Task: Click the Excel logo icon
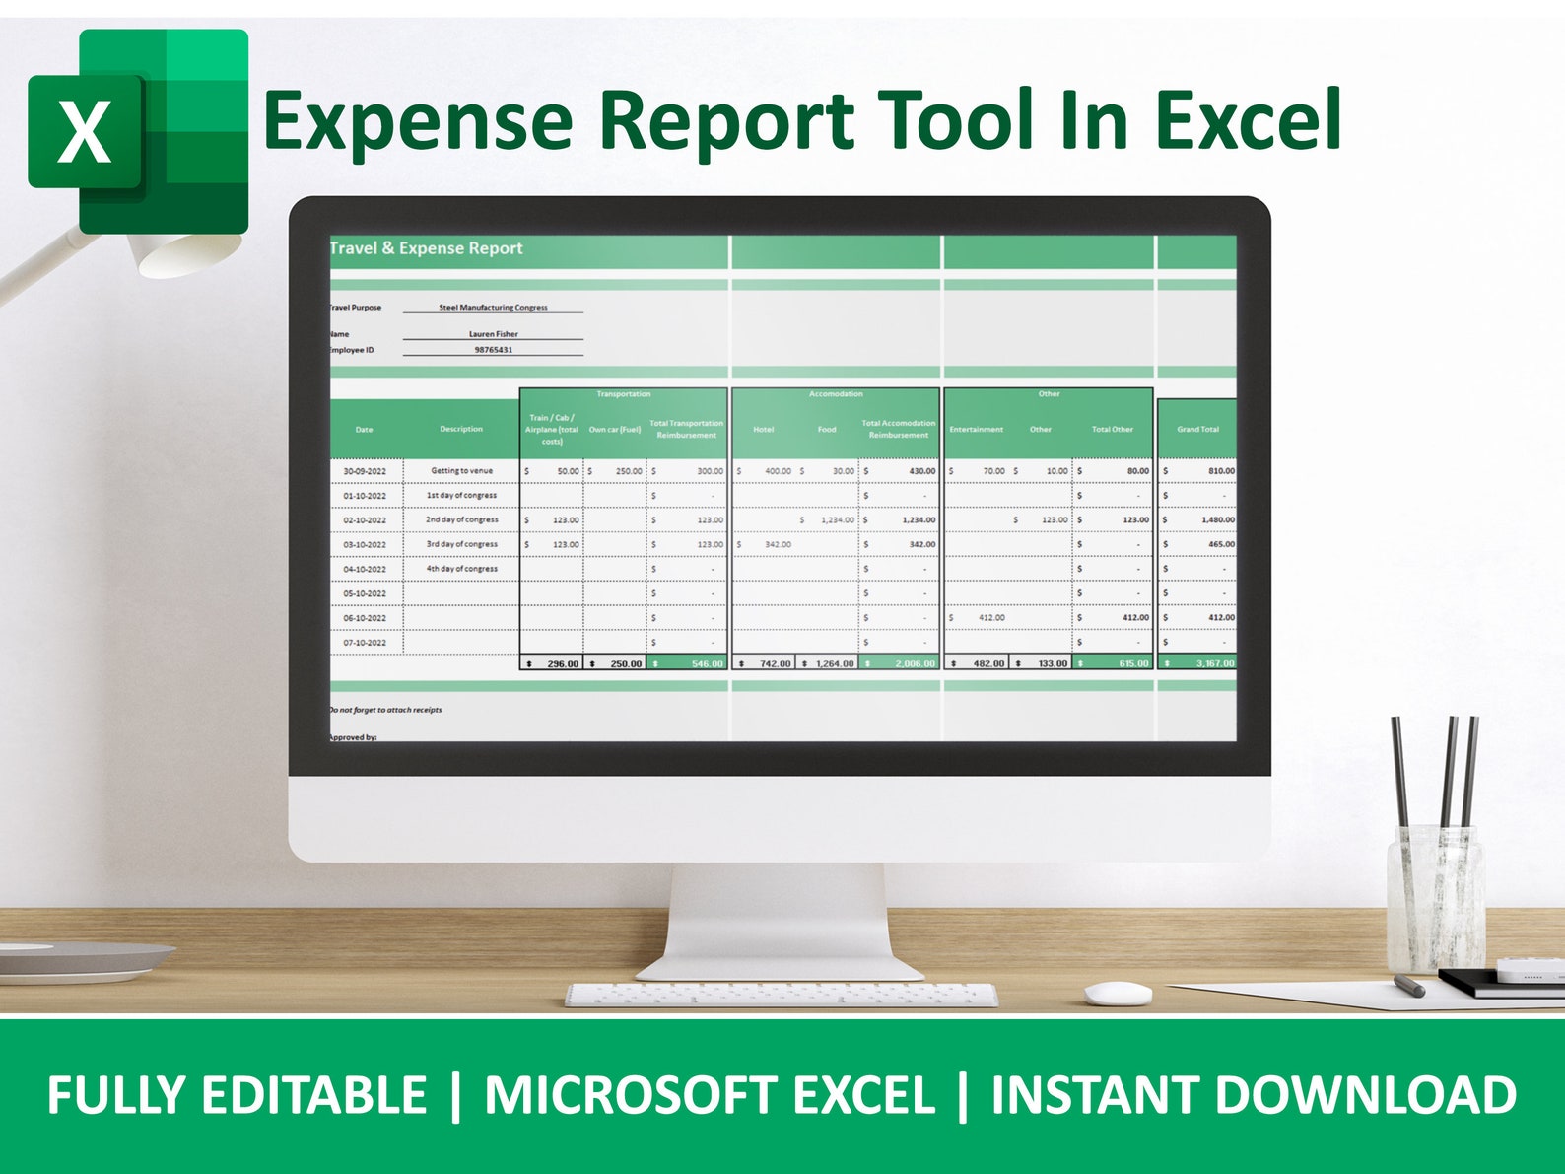pos(138,131)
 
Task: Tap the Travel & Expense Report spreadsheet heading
pos(426,248)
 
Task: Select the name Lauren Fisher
pos(493,334)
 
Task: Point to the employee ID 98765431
pos(493,350)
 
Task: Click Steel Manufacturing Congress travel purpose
pos(493,308)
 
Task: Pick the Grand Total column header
pos(1197,430)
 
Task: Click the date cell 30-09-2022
pos(365,471)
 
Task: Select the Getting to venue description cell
pos(461,471)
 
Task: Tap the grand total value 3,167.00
pos(1214,663)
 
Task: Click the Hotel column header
pos(764,430)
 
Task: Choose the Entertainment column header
pos(976,430)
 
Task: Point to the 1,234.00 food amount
pos(837,519)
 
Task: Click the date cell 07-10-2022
pos(365,643)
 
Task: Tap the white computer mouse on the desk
pos(1118,993)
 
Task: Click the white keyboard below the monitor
pos(781,995)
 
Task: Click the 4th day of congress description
pos(461,569)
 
